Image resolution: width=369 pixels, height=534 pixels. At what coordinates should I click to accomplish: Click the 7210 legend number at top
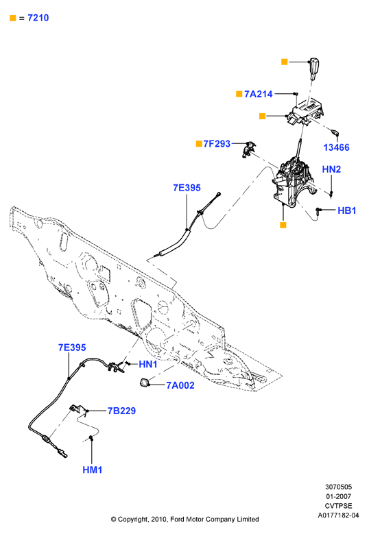(x=38, y=18)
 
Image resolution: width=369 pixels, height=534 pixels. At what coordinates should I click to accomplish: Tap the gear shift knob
(x=314, y=69)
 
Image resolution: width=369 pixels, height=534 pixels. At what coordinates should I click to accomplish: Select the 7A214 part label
(x=259, y=94)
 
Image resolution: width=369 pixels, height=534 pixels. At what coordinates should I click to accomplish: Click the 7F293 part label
(x=217, y=144)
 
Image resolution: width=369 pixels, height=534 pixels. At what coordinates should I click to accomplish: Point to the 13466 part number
(x=336, y=147)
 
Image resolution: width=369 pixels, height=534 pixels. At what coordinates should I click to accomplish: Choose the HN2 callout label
(x=331, y=169)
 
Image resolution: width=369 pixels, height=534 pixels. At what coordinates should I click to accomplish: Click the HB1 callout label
(x=347, y=210)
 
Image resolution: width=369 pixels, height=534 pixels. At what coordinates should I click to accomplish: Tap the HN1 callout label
(x=148, y=365)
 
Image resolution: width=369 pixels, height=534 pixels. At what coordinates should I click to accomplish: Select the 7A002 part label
(x=180, y=385)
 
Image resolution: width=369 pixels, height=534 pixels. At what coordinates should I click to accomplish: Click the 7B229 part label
(x=121, y=411)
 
